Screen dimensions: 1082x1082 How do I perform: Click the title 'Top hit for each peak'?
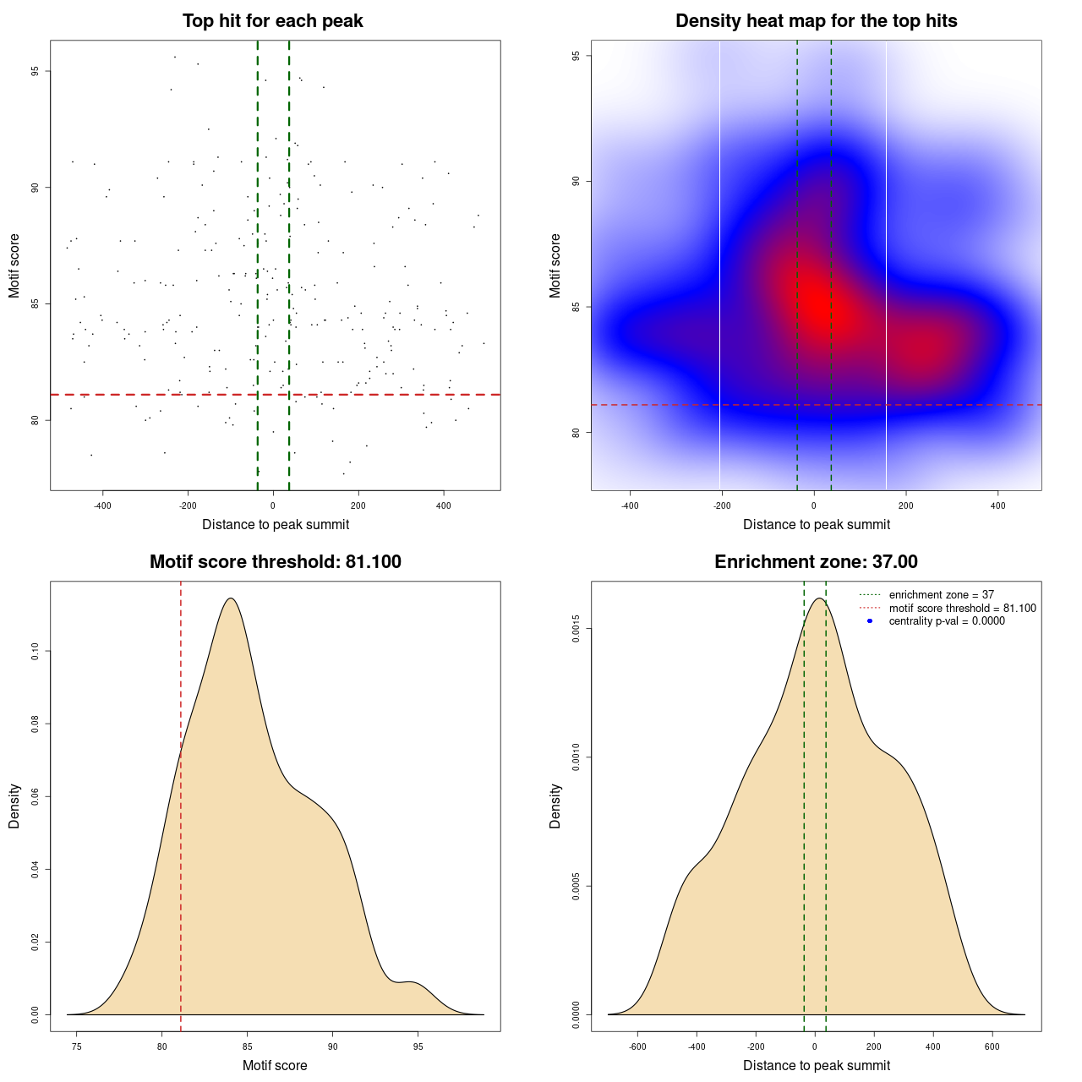click(272, 21)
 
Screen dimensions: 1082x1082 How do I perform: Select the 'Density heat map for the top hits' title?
click(816, 21)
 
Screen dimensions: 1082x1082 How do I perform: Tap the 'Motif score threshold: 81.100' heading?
click(275, 562)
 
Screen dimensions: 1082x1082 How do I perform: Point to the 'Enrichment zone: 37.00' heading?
click(816, 562)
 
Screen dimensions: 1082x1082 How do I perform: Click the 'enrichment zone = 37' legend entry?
click(941, 595)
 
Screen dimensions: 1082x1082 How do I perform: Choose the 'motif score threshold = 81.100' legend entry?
click(962, 608)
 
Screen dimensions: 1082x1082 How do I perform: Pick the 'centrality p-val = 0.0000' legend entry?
click(947, 620)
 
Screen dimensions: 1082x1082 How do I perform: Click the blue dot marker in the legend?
click(870, 620)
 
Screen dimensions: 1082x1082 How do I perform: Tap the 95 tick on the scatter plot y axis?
click(36, 71)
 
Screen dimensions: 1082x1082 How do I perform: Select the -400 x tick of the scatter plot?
click(102, 505)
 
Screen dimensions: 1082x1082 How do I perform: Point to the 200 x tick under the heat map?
click(906, 505)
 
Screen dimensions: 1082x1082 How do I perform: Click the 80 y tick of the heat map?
click(577, 432)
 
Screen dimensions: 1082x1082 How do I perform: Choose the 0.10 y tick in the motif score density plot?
click(36, 651)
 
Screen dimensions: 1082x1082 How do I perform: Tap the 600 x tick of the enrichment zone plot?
click(992, 1046)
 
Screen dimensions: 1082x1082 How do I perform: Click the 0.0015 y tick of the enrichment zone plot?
click(577, 629)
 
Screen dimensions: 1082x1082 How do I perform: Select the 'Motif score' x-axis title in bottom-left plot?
click(275, 1065)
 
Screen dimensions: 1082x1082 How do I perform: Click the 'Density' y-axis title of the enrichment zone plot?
click(555, 806)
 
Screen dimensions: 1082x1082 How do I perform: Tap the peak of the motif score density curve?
click(231, 598)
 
